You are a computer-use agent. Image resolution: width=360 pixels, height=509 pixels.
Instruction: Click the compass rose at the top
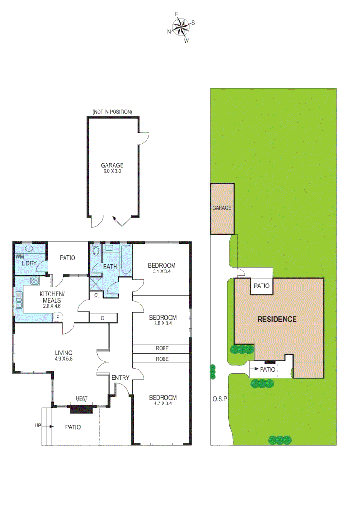coord(180,27)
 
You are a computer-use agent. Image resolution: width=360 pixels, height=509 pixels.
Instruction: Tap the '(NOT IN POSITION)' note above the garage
coord(113,112)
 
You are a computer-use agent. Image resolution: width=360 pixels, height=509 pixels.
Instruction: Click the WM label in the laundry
coord(19,257)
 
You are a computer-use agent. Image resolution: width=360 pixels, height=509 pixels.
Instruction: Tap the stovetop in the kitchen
coord(34,281)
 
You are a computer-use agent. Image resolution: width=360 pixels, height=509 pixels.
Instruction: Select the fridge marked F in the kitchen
coord(57,317)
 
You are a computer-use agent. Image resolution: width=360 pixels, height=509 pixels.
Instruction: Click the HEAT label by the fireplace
coord(82,399)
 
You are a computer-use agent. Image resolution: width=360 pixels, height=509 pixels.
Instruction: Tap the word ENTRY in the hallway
coord(120,378)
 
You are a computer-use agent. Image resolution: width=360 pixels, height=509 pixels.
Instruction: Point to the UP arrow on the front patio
coord(41,426)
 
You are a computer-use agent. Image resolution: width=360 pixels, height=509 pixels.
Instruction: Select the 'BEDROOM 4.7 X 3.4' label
coord(162,401)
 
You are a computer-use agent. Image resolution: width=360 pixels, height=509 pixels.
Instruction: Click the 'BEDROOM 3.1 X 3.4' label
coord(162,268)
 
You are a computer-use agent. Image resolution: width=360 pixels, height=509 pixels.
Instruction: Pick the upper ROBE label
coord(162,348)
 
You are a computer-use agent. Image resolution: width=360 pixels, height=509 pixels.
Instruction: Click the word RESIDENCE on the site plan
coord(277,319)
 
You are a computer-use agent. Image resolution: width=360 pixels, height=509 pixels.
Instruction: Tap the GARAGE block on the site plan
coord(222,208)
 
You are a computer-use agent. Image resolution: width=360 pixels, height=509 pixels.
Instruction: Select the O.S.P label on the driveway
coord(220,399)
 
